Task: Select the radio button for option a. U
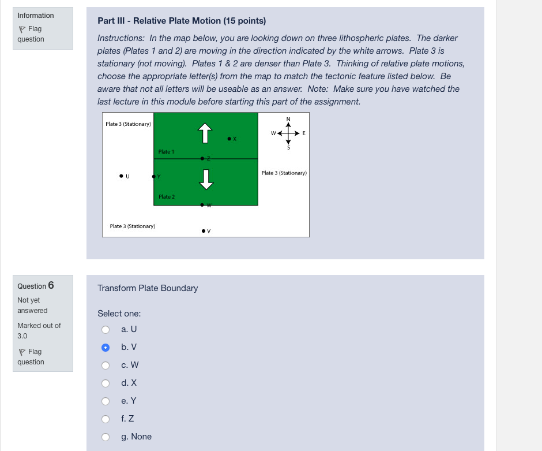click(x=106, y=329)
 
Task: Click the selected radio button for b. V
click(x=106, y=347)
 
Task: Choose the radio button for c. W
click(x=106, y=365)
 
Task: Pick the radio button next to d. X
click(x=106, y=383)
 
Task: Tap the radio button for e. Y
click(x=106, y=401)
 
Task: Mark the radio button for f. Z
click(x=106, y=419)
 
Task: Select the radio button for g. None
click(x=106, y=437)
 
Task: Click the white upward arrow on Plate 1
click(x=205, y=133)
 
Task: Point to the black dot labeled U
click(x=121, y=176)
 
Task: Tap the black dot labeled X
click(x=229, y=139)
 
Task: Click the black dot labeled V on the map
click(x=204, y=231)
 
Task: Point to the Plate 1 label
click(x=166, y=151)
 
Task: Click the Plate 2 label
click(x=166, y=197)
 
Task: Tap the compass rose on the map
click(x=288, y=133)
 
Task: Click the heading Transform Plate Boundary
click(x=148, y=288)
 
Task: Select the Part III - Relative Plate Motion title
click(x=182, y=21)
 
